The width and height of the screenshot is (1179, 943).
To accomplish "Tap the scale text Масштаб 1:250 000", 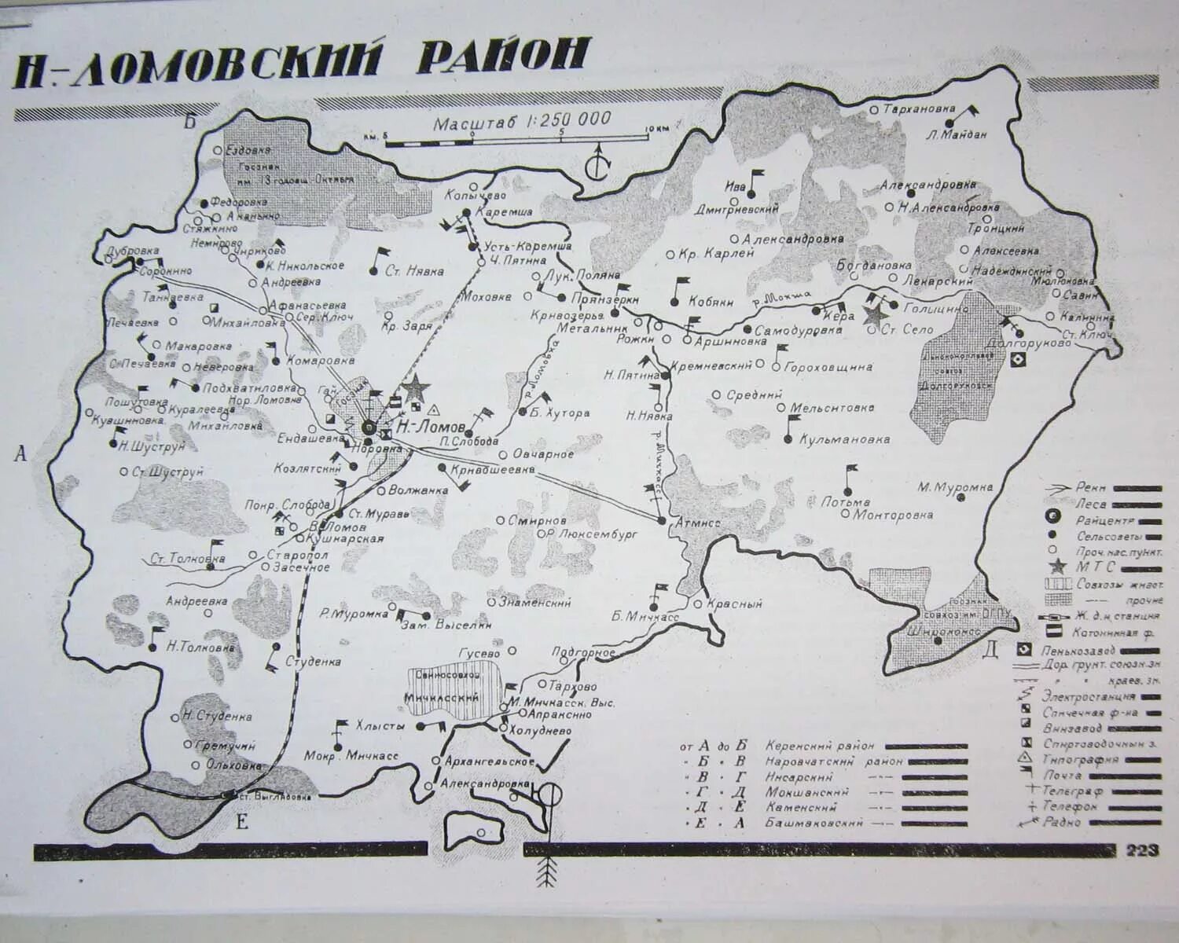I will click(522, 121).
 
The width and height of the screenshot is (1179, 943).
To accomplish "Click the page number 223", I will click(1142, 851).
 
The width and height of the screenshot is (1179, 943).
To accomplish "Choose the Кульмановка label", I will click(844, 440).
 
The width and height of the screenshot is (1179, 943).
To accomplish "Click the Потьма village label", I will click(845, 501).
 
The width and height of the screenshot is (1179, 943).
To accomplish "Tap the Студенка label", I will click(314, 662).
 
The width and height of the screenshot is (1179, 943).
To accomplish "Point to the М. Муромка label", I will click(955, 487).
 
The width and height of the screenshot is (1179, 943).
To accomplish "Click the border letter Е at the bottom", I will click(242, 822).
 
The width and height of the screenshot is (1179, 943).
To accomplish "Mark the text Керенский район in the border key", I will click(825, 745).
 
